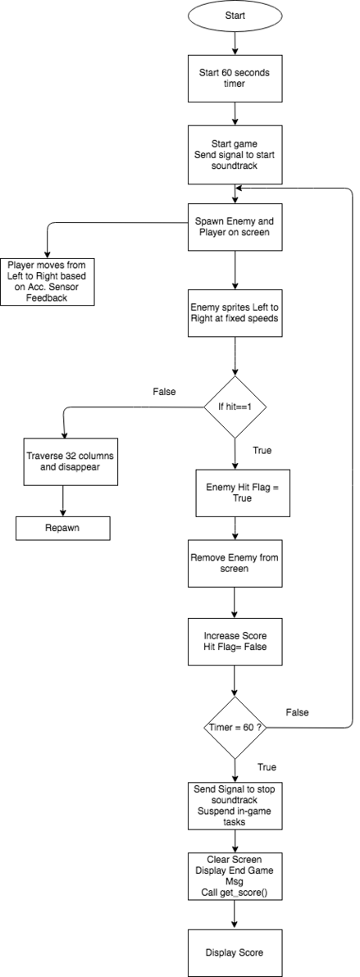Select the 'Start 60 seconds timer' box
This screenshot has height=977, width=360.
pos(235,80)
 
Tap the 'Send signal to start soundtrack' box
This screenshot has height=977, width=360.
pos(235,154)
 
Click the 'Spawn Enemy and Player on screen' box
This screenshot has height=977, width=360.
pos(235,227)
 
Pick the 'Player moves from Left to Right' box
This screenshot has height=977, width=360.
pos(48,281)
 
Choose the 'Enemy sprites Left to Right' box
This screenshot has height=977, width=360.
pos(235,313)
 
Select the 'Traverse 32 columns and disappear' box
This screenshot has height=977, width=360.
pos(62,461)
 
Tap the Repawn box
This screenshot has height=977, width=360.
pos(62,528)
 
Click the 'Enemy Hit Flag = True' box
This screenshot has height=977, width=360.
pos(235,493)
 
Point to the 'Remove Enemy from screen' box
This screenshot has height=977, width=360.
pos(235,563)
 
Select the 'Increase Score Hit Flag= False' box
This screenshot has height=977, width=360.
pos(235,641)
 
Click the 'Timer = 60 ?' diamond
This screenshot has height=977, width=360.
pos(235,727)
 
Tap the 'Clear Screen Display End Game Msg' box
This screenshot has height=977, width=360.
pos(235,877)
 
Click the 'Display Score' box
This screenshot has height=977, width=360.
pos(235,953)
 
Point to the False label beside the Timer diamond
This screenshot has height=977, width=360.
pos(297,711)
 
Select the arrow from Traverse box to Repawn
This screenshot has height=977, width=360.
pos(62,501)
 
